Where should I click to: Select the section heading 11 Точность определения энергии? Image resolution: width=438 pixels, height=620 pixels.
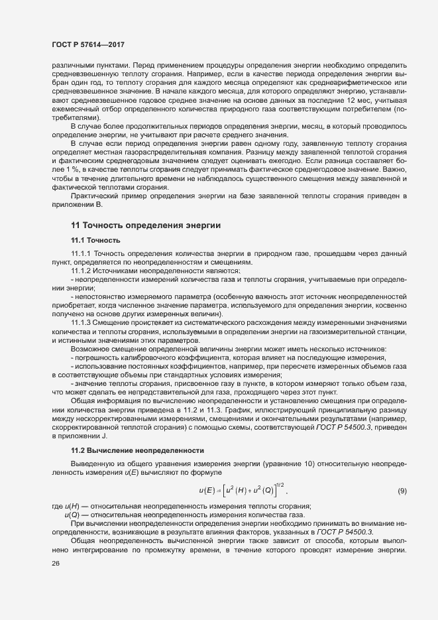tap(145, 225)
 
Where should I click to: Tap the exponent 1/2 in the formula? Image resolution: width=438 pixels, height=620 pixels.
tap(280, 484)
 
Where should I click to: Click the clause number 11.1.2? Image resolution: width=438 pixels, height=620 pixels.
tap(82, 271)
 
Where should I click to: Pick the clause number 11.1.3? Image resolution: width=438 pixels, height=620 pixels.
tap(82, 322)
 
